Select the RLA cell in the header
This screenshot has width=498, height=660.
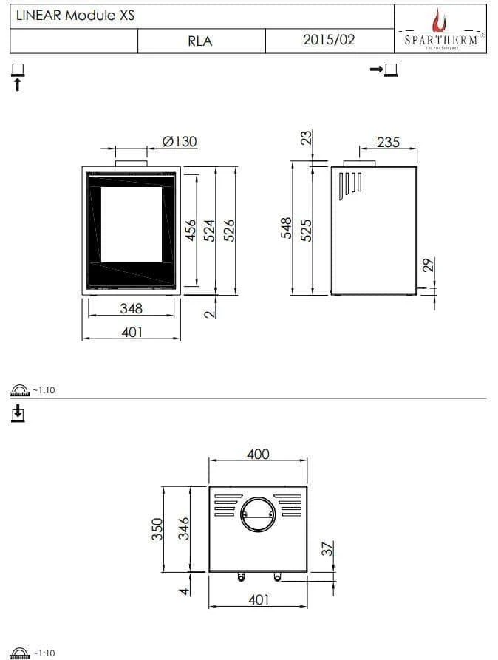click(199, 41)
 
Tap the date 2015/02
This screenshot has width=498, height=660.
click(329, 41)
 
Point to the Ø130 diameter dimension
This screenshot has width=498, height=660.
click(179, 141)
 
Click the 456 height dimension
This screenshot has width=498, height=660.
click(190, 230)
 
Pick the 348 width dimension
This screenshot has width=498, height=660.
click(131, 308)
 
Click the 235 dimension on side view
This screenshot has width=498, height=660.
click(388, 142)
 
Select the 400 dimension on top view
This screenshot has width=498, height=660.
click(258, 454)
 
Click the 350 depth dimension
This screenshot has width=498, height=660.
click(157, 529)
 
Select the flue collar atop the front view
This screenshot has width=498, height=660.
click(131, 161)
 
